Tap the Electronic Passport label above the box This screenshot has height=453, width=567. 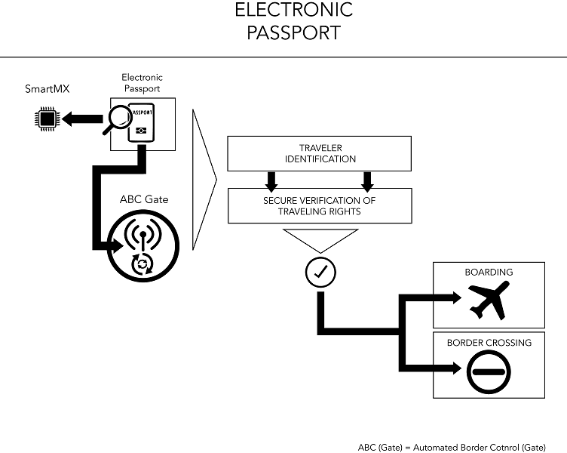click(x=142, y=83)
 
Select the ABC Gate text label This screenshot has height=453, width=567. click(x=143, y=199)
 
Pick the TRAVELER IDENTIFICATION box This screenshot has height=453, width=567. click(x=319, y=153)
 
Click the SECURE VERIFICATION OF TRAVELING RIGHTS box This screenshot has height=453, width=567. click(x=319, y=205)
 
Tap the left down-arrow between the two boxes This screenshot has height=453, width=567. click(x=272, y=180)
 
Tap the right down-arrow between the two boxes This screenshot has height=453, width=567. click(x=367, y=180)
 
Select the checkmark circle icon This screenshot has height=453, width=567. click(x=320, y=272)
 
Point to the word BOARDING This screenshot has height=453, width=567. click(x=488, y=273)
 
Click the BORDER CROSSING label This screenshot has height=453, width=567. click(x=489, y=342)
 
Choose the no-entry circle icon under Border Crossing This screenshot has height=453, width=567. click(x=489, y=370)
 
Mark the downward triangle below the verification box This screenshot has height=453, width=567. click(x=320, y=240)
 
